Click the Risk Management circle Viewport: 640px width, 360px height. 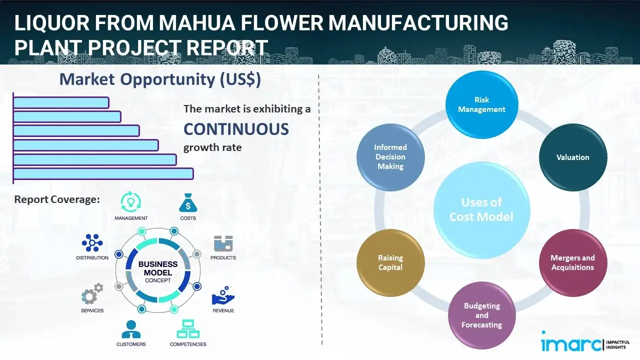pyautogui.click(x=481, y=105)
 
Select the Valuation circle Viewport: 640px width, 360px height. pyautogui.click(x=572, y=157)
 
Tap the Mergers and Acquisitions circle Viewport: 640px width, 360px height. pyautogui.click(x=572, y=262)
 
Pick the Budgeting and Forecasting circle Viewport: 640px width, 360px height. pyautogui.click(x=481, y=315)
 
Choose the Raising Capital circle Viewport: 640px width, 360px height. pyautogui.click(x=390, y=262)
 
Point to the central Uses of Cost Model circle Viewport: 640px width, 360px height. pyautogui.click(x=481, y=209)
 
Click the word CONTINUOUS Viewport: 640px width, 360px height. pyautogui.click(x=236, y=129)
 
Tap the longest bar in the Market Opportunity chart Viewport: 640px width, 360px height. pyautogui.click(x=103, y=173)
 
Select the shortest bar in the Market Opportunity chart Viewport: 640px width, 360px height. pyautogui.click(x=61, y=102)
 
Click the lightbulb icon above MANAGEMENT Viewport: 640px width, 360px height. pyautogui.click(x=131, y=202)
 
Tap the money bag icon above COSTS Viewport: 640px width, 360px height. pyautogui.click(x=187, y=202)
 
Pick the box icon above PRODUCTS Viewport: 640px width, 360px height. pyautogui.click(x=223, y=243)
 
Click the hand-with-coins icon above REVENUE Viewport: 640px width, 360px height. pyautogui.click(x=223, y=296)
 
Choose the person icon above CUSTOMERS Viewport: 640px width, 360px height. pyautogui.click(x=131, y=329)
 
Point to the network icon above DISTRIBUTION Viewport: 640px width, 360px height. pyautogui.click(x=92, y=243)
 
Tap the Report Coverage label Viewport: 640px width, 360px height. pyautogui.click(x=57, y=199)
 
